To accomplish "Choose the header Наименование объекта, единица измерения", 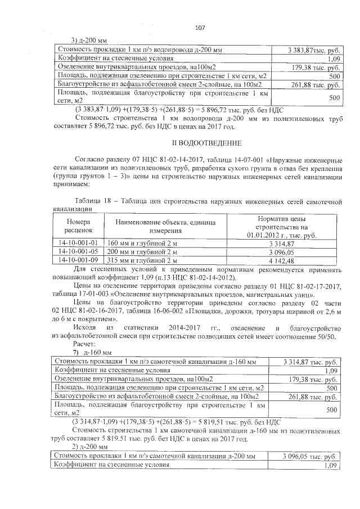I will click(165, 227).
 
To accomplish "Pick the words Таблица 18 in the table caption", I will click(93, 200).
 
